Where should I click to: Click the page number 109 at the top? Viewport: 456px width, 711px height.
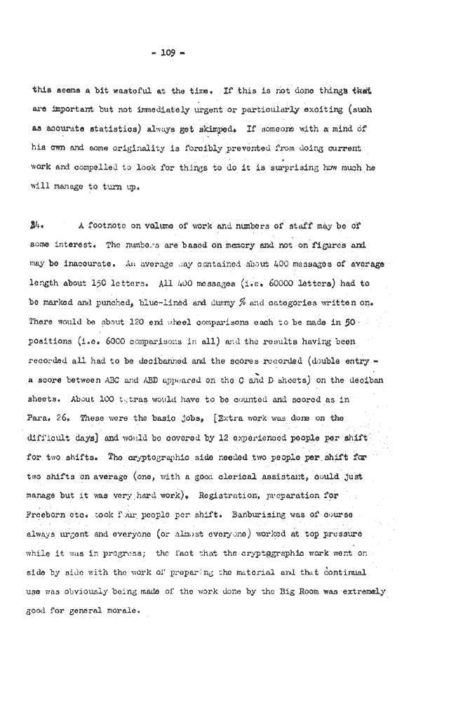tap(228, 52)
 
